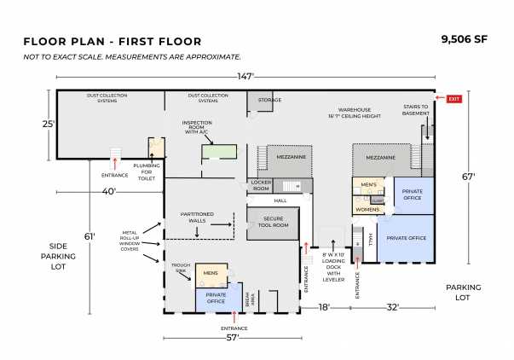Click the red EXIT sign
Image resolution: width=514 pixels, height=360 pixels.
coord(453,99)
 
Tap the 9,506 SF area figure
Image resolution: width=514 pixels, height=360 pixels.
coord(465,39)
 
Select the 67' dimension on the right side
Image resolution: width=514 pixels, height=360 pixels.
coord(468,177)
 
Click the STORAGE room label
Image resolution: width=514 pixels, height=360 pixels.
coord(270,100)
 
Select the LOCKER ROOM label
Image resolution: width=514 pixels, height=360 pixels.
coord(261,185)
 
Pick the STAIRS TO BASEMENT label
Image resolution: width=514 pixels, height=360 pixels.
coord(416,109)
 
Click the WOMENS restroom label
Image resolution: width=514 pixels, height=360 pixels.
coord(367,209)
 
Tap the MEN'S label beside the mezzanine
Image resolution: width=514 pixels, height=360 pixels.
coord(369,184)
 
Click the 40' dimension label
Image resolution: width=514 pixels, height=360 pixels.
coord(109,190)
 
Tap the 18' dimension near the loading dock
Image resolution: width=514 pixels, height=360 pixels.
coord(324,307)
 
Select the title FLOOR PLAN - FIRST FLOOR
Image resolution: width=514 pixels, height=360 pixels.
coord(113,41)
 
